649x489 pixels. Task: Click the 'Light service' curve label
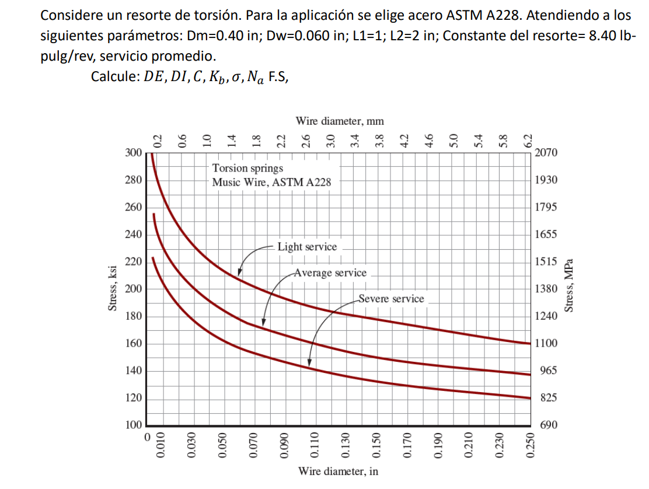pos(307,247)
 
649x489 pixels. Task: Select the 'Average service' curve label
pos(330,273)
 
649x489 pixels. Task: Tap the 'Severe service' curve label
pos(391,299)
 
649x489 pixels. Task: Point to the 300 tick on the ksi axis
pos(134,153)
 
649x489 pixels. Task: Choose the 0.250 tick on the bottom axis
pos(530,449)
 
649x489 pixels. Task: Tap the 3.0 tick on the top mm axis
pos(330,139)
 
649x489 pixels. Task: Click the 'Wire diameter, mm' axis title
pos(340,121)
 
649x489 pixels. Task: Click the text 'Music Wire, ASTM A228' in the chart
pos(271,182)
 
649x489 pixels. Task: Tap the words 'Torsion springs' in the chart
pos(247,169)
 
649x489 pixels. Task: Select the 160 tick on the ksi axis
pos(134,343)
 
